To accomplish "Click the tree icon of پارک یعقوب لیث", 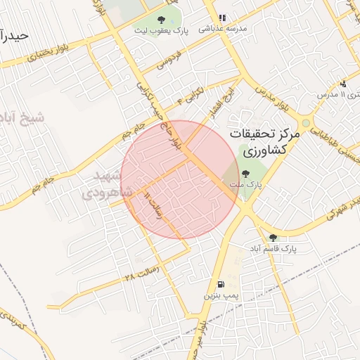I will tap(162, 20).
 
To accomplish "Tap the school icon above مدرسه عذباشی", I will tap(222, 18).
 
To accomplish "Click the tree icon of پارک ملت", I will tap(245, 174).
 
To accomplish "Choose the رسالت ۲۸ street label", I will tap(139, 274).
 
